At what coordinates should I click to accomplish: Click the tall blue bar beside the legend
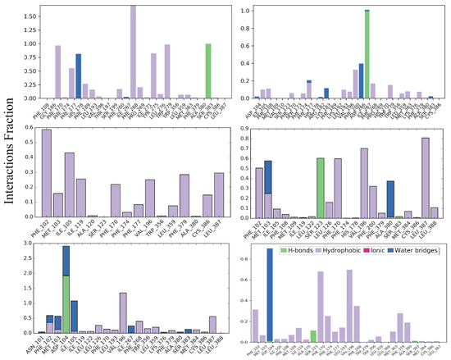point(269,295)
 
